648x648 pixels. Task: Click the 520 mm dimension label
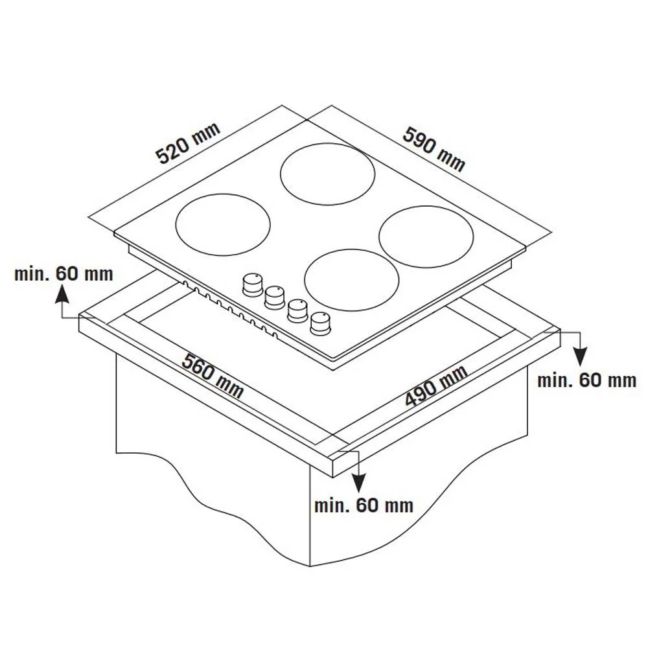point(188,143)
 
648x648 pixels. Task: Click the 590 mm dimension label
point(434,149)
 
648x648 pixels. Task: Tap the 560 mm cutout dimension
point(213,375)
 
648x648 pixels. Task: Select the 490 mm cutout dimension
point(436,386)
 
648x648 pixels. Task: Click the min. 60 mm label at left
point(64,273)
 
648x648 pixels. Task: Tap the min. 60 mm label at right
point(587,380)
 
